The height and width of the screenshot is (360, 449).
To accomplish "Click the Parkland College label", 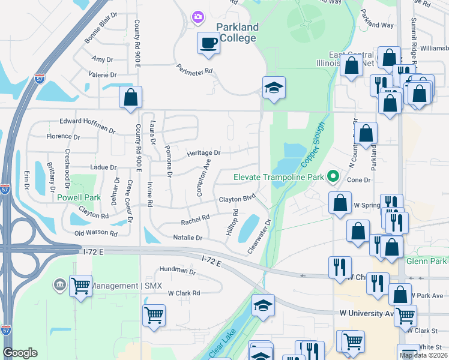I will tap(237, 32).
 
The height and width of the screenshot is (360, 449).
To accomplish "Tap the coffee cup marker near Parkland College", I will tap(208, 43).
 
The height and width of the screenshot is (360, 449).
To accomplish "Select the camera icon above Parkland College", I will tap(197, 17).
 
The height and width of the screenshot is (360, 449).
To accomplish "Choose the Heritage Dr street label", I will tap(203, 153).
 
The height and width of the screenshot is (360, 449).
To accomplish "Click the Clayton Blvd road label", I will tap(237, 199).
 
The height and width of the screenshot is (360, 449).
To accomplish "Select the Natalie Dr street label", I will tap(187, 238).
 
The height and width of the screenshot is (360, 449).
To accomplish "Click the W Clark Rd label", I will tap(184, 293).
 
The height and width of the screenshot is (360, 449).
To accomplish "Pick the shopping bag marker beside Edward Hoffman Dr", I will tap(130, 97).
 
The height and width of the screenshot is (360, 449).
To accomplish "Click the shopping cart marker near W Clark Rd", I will tap(154, 314).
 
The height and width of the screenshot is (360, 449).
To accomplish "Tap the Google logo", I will tap(20, 353).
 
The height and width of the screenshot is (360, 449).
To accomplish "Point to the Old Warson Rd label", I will tap(95, 232).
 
